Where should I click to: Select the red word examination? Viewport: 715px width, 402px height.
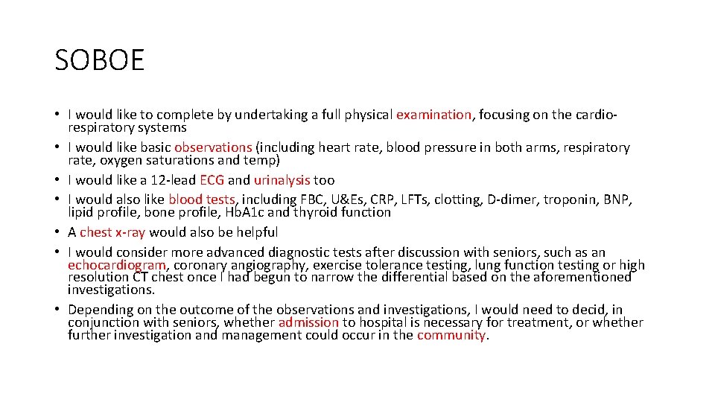[433, 115]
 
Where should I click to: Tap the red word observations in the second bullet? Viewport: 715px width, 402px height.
[213, 147]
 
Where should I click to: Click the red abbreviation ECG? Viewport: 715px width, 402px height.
[212, 179]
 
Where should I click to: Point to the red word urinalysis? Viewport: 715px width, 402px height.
[282, 179]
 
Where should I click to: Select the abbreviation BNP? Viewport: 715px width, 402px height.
[620, 199]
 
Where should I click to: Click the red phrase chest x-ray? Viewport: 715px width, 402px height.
[112, 232]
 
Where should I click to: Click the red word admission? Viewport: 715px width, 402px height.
[308, 322]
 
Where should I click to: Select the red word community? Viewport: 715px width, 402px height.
[451, 335]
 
